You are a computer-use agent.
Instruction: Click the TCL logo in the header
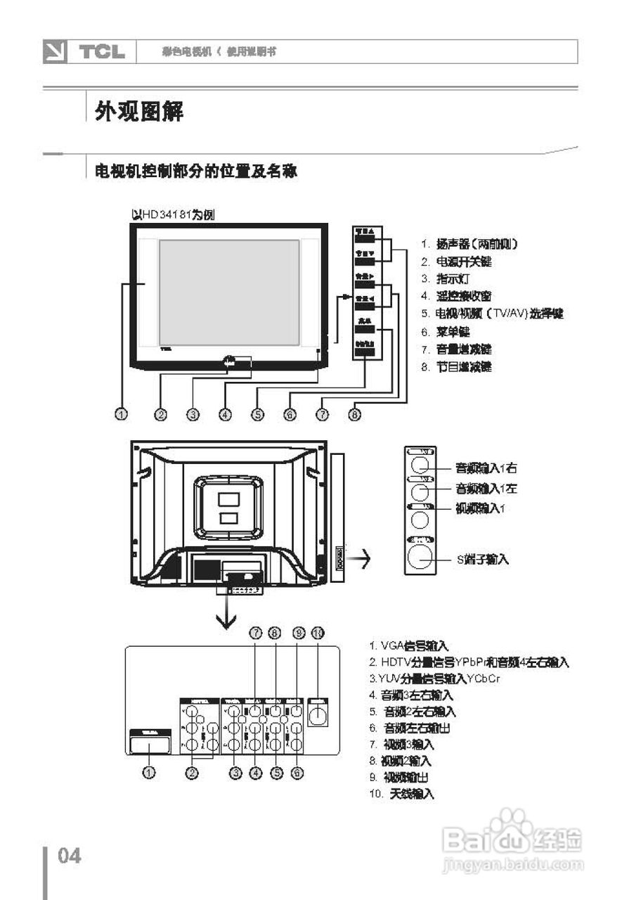[x=102, y=52]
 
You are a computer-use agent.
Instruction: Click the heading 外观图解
[x=139, y=111]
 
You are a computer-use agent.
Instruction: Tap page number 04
[x=70, y=856]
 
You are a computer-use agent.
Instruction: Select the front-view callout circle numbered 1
[x=122, y=415]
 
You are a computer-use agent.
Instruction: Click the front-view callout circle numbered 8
[x=355, y=415]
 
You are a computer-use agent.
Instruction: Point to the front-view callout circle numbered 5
[x=258, y=415]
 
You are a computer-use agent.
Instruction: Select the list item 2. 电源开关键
[x=456, y=262]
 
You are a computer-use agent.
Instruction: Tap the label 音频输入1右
[x=486, y=468]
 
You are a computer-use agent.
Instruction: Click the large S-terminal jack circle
[x=421, y=558]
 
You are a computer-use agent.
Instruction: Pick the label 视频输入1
[x=481, y=508]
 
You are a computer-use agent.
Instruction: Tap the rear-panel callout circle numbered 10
[x=318, y=634]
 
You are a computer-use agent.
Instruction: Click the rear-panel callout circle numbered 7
[x=256, y=634]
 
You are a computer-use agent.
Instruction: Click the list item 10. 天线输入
[x=401, y=794]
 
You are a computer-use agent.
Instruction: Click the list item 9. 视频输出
[x=399, y=777]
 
